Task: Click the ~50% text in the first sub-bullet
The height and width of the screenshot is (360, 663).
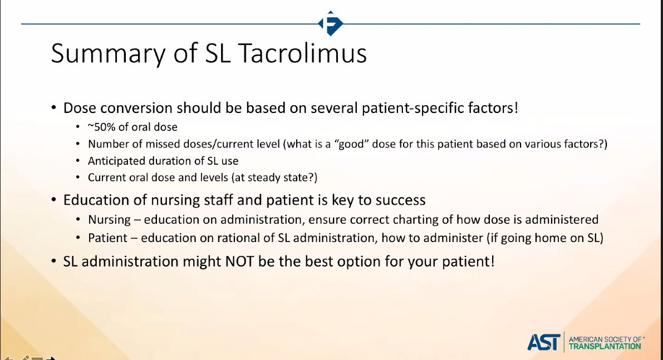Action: pyautogui.click(x=102, y=127)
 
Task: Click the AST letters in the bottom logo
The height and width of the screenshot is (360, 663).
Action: pyautogui.click(x=543, y=342)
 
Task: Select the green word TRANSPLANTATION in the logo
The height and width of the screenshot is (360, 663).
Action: pyautogui.click(x=604, y=346)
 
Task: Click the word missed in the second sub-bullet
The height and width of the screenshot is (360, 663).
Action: pyautogui.click(x=146, y=144)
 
